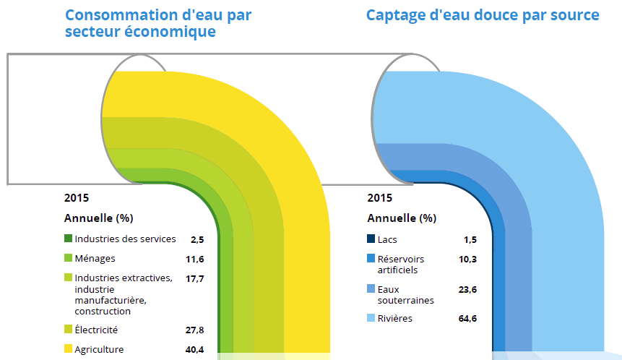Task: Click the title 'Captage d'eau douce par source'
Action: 483,15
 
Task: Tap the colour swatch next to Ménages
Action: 69,258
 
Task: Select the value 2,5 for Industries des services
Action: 197,239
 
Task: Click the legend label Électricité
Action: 96,330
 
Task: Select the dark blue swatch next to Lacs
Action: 371,239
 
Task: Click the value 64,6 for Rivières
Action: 470,318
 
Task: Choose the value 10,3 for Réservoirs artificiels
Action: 470,259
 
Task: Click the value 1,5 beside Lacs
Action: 472,239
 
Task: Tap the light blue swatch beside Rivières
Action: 371,318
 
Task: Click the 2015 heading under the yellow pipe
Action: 77,197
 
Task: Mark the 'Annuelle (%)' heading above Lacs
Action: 401,218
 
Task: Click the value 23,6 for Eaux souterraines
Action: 470,289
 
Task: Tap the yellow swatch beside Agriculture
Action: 69,349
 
